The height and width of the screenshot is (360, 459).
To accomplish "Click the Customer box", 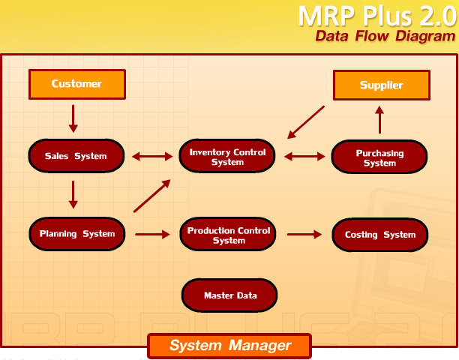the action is point(77,84).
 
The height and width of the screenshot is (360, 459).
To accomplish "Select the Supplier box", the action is point(382,85).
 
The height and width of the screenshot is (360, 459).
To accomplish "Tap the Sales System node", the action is point(76,156).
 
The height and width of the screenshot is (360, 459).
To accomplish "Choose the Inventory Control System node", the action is point(227,156).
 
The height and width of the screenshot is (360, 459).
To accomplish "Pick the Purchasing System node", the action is point(379,157).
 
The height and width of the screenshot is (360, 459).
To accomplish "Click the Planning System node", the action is point(77,234).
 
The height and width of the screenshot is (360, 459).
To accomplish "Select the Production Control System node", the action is point(228,234).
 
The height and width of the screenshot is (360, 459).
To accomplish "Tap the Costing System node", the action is point(380,235).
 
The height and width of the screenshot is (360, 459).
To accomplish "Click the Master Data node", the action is point(229,295).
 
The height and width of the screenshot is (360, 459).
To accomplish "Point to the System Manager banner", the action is point(229,346).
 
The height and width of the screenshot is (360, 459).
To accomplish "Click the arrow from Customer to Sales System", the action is point(73,118).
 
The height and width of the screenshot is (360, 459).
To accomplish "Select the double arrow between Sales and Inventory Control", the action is point(152,157).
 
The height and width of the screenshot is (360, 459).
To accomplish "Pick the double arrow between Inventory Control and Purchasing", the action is point(304,157).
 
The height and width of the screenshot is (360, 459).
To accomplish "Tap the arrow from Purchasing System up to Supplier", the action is point(379,120).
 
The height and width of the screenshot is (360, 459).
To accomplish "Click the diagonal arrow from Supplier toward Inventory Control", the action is point(305,122).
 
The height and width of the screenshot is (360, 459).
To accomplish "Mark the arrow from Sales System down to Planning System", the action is point(73,195).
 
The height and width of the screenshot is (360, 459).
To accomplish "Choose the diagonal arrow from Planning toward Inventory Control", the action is point(152,196).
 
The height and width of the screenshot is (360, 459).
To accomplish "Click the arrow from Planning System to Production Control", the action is point(152,234).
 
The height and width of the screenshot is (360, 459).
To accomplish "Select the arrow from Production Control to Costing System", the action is point(304,234).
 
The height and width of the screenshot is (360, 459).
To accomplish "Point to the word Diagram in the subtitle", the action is point(425,36).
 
